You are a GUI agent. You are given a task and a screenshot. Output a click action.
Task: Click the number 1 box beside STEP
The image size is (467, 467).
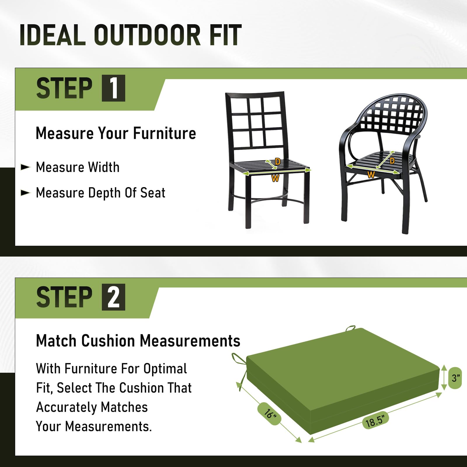coord(114,88)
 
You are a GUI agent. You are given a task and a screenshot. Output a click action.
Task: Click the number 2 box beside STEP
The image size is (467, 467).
coord(114,297)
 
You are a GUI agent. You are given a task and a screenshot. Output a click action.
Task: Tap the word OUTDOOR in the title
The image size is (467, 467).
coord(147,35)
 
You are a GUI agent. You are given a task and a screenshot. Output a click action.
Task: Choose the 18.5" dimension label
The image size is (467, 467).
coord(376,421)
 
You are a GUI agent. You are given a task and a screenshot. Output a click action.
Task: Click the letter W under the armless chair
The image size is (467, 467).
coord(275,178)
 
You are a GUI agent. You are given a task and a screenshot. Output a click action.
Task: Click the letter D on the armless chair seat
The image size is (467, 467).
coord(278,161)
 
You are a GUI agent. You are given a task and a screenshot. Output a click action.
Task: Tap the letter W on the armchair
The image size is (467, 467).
coord(371,175)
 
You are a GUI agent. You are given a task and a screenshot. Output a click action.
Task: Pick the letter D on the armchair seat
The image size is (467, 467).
coord(392,161)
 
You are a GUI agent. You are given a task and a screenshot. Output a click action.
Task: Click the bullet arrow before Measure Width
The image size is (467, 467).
coord(25,167)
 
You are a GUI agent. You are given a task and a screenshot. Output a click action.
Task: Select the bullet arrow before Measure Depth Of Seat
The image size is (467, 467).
coord(25,193)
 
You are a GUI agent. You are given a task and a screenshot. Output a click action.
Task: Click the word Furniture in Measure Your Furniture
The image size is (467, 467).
coord(165,133)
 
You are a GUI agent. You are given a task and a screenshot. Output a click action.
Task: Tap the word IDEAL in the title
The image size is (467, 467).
coord(53,35)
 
